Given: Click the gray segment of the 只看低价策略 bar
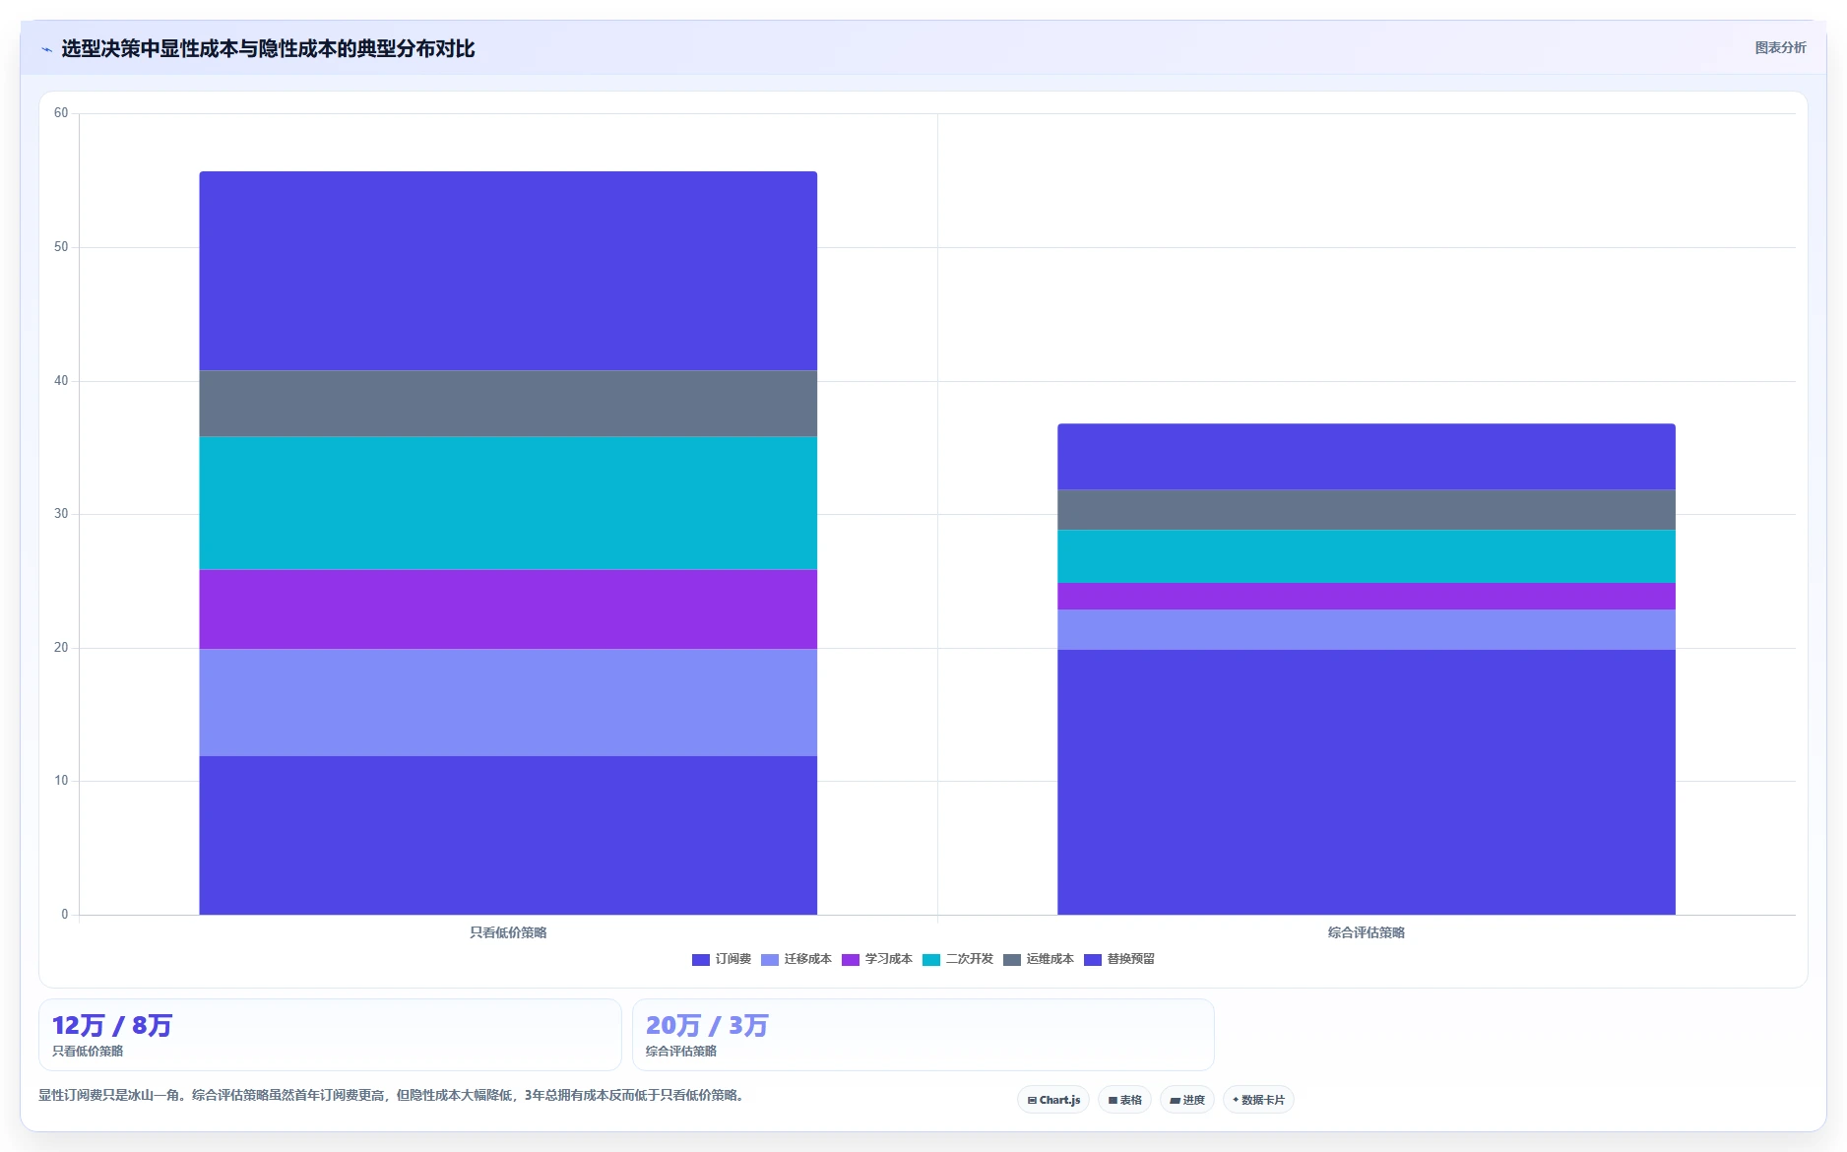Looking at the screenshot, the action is (x=508, y=404).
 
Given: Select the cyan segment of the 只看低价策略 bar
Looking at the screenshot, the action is (x=508, y=503).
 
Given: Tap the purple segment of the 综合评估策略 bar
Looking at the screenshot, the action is (x=1367, y=597).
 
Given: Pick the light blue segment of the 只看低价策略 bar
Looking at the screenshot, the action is (x=508, y=703).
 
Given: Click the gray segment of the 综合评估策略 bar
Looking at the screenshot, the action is (x=1367, y=510).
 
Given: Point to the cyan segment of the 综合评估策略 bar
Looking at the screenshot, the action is (x=1367, y=556).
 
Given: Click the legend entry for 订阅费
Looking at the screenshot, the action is (x=722, y=959).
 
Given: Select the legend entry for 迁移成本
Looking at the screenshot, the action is (x=796, y=959).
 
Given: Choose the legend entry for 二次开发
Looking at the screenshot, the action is (x=958, y=959).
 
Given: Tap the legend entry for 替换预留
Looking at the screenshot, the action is (x=1119, y=959).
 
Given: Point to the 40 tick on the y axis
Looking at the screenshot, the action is (x=61, y=381).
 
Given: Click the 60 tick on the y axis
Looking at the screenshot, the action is (x=61, y=113).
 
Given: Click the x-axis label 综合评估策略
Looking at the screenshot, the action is (x=1367, y=932).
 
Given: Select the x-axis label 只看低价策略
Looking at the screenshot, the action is (x=508, y=932).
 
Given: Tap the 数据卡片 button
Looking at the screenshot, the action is (x=1258, y=1100).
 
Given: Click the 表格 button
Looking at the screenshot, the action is (x=1124, y=1100).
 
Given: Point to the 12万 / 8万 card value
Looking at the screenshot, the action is (x=112, y=1026).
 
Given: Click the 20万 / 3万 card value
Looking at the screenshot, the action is (x=707, y=1026).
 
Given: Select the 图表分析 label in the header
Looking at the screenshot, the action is (x=1780, y=47).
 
